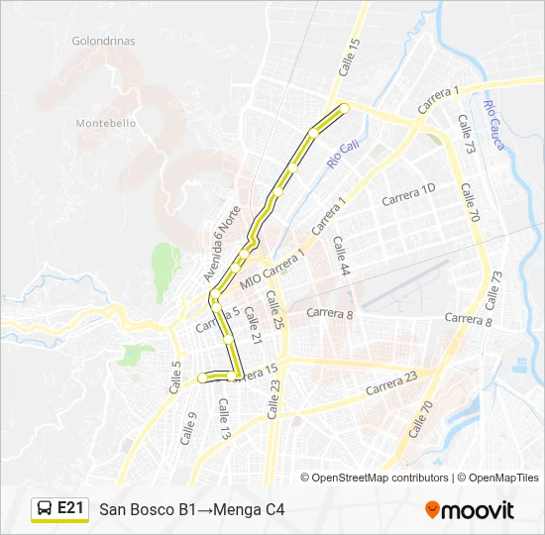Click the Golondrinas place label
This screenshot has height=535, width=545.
(103, 42)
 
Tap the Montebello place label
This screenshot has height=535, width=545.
(106, 123)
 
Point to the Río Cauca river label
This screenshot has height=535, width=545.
(494, 125)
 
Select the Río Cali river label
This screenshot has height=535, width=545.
(343, 155)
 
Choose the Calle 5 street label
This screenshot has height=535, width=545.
(175, 376)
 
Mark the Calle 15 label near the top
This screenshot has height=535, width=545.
(348, 55)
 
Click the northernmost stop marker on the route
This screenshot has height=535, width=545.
(344, 107)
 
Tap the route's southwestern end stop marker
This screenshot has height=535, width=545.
(202, 377)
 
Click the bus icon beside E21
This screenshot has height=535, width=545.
(45, 508)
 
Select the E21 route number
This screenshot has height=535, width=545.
(70, 508)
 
